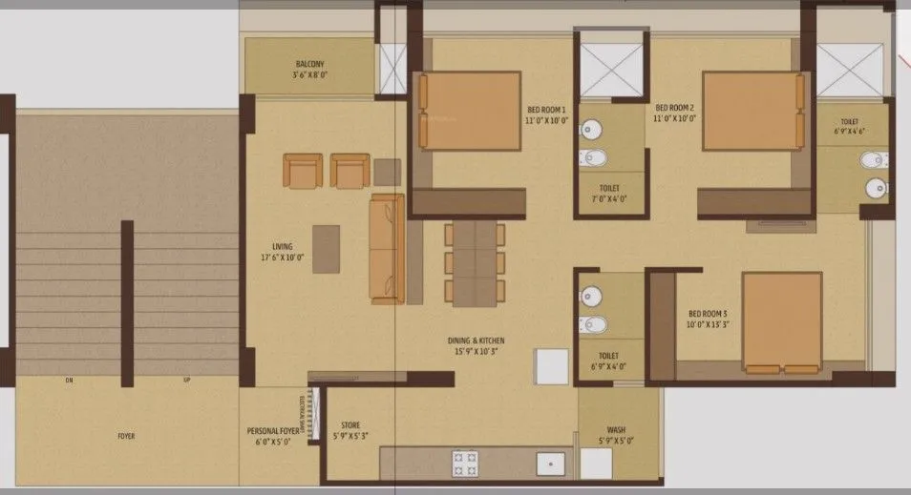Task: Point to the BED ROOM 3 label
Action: coord(708,318)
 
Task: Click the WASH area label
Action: coord(617,435)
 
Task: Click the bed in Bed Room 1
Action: coord(470,111)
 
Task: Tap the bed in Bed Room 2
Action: coord(752,111)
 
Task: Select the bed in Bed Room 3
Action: coord(782,322)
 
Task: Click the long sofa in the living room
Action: coord(387,248)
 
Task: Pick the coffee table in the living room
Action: coord(326,249)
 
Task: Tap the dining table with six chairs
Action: coord(475,264)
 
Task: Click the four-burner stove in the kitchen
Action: coord(464,463)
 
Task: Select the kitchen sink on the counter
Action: coord(549,464)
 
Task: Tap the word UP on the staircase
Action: coord(186,381)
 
